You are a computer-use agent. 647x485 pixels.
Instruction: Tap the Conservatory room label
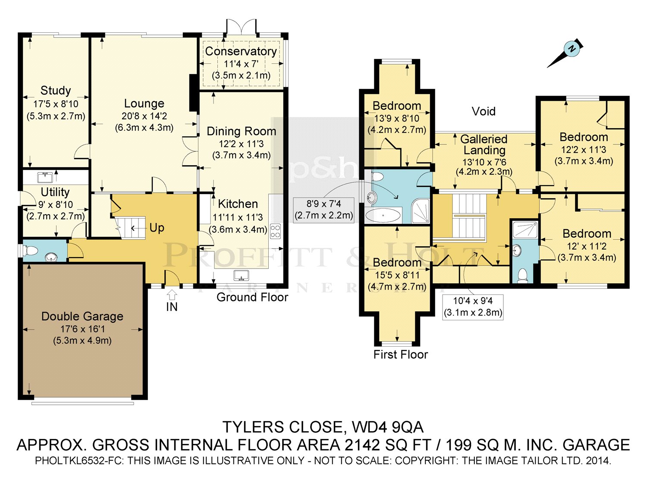point(241,51)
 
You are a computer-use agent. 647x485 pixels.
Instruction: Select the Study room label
point(56,91)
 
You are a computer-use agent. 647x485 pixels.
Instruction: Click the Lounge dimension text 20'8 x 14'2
point(144,116)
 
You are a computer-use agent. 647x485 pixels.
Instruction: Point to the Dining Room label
point(242,131)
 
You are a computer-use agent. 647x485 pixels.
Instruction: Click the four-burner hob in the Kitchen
point(275,231)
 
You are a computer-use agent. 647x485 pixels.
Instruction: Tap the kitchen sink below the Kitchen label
point(242,275)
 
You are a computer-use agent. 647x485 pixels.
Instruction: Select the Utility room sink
point(45,178)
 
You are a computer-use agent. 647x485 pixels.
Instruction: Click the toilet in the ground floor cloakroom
point(31,251)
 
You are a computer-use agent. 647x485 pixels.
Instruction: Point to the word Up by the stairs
point(157,228)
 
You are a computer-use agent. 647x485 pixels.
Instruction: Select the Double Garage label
point(82,316)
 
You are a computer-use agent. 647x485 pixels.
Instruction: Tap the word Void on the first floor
point(484,111)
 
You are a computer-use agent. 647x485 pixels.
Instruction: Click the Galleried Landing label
point(484,144)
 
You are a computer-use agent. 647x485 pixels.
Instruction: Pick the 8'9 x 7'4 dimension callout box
point(323,210)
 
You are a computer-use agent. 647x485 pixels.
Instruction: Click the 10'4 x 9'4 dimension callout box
point(473,307)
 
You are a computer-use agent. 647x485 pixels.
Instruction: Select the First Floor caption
point(401,354)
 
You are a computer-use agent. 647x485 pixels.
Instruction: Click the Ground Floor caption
point(252,297)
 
